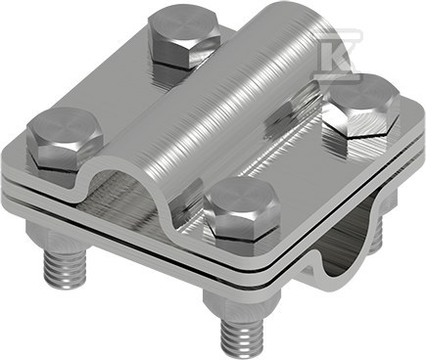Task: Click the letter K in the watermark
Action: (338, 55)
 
